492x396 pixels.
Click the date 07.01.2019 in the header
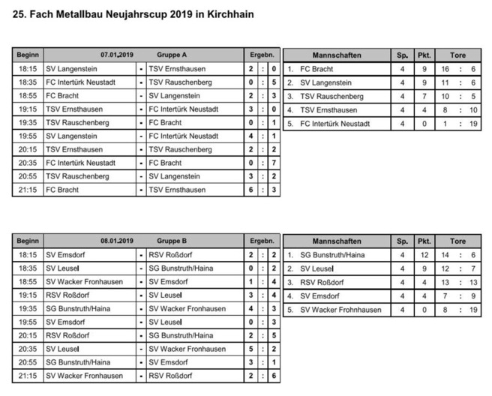(x=117, y=55)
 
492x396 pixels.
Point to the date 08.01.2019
(x=117, y=241)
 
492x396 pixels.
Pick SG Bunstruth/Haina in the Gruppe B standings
(x=332, y=254)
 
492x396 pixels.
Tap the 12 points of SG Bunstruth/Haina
(x=424, y=254)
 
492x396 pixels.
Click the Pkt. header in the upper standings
(x=424, y=55)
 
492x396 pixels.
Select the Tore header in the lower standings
(x=457, y=241)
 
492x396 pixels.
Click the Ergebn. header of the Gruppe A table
(x=262, y=55)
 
